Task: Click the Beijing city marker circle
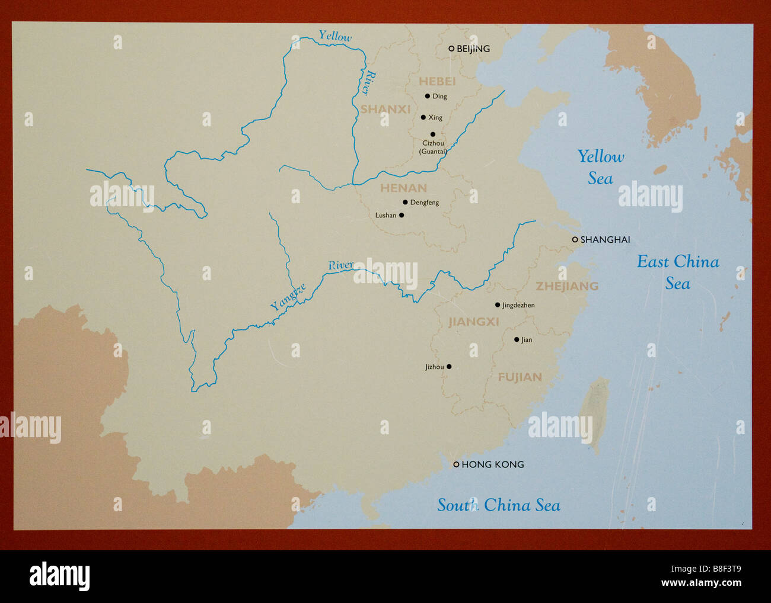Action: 451,49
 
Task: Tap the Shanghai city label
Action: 605,240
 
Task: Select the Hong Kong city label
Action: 492,465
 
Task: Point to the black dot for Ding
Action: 427,96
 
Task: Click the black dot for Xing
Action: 423,117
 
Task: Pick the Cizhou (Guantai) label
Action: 433,147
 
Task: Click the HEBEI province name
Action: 437,81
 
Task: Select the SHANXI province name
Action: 385,109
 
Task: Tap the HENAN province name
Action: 403,188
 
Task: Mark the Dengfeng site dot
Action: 405,202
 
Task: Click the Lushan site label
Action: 385,216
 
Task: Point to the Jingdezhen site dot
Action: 498,305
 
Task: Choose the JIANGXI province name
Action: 473,322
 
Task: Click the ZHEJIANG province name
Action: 567,286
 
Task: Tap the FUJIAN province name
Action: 520,377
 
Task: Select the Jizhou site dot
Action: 449,367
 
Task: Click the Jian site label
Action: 527,340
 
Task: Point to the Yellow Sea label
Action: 600,167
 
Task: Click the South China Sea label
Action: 498,505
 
